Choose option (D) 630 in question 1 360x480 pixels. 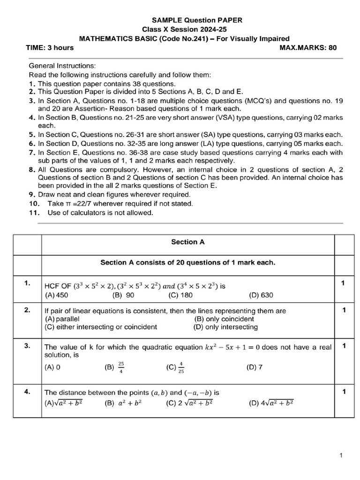click(x=261, y=295)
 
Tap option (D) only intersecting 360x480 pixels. click(x=225, y=327)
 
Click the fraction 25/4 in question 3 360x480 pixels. click(x=121, y=367)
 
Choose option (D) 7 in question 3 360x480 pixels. click(x=254, y=367)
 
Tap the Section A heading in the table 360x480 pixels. click(x=187, y=242)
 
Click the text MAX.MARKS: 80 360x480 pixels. click(x=307, y=47)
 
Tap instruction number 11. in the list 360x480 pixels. click(x=35, y=212)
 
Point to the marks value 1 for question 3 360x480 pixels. click(x=344, y=346)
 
